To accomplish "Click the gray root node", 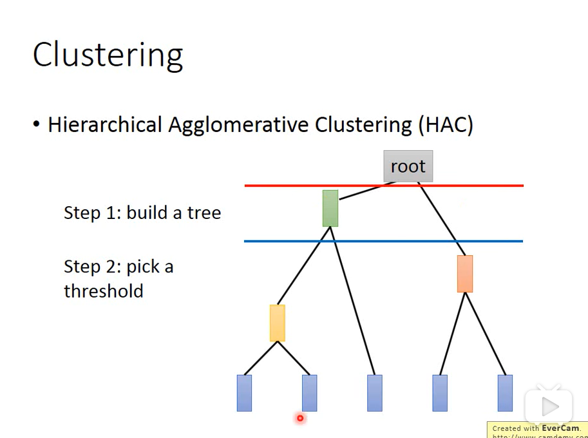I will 408,166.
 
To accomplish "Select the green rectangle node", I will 330,208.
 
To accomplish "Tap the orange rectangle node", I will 465,274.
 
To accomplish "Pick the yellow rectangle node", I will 278,323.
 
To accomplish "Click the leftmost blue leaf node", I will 244,393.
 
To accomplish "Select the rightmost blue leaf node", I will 505,393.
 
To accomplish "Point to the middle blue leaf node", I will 375,393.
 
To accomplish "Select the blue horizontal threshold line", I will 290,241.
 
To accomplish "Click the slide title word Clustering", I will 108,55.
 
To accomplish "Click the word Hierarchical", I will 105,124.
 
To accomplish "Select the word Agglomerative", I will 238,125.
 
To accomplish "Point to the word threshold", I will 103,290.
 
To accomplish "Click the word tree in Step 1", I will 204,213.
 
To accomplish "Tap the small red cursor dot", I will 300,419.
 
